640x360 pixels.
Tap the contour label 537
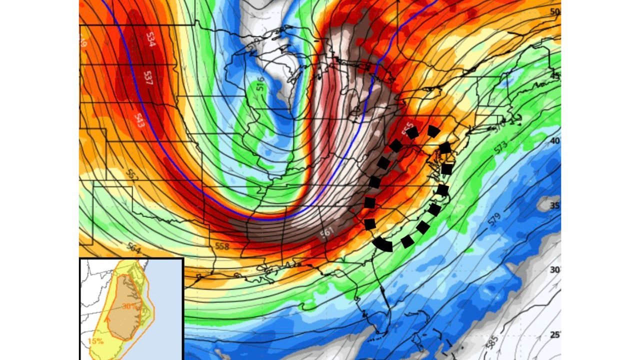[148, 77]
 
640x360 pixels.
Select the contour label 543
[139, 120]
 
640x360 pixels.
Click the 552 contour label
[132, 175]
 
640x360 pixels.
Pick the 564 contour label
[134, 247]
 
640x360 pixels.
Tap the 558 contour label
[221, 246]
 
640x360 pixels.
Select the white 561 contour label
[327, 232]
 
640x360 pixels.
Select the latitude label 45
[555, 76]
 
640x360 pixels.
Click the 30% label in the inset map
[129, 306]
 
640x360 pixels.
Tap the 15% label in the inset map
[95, 341]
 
